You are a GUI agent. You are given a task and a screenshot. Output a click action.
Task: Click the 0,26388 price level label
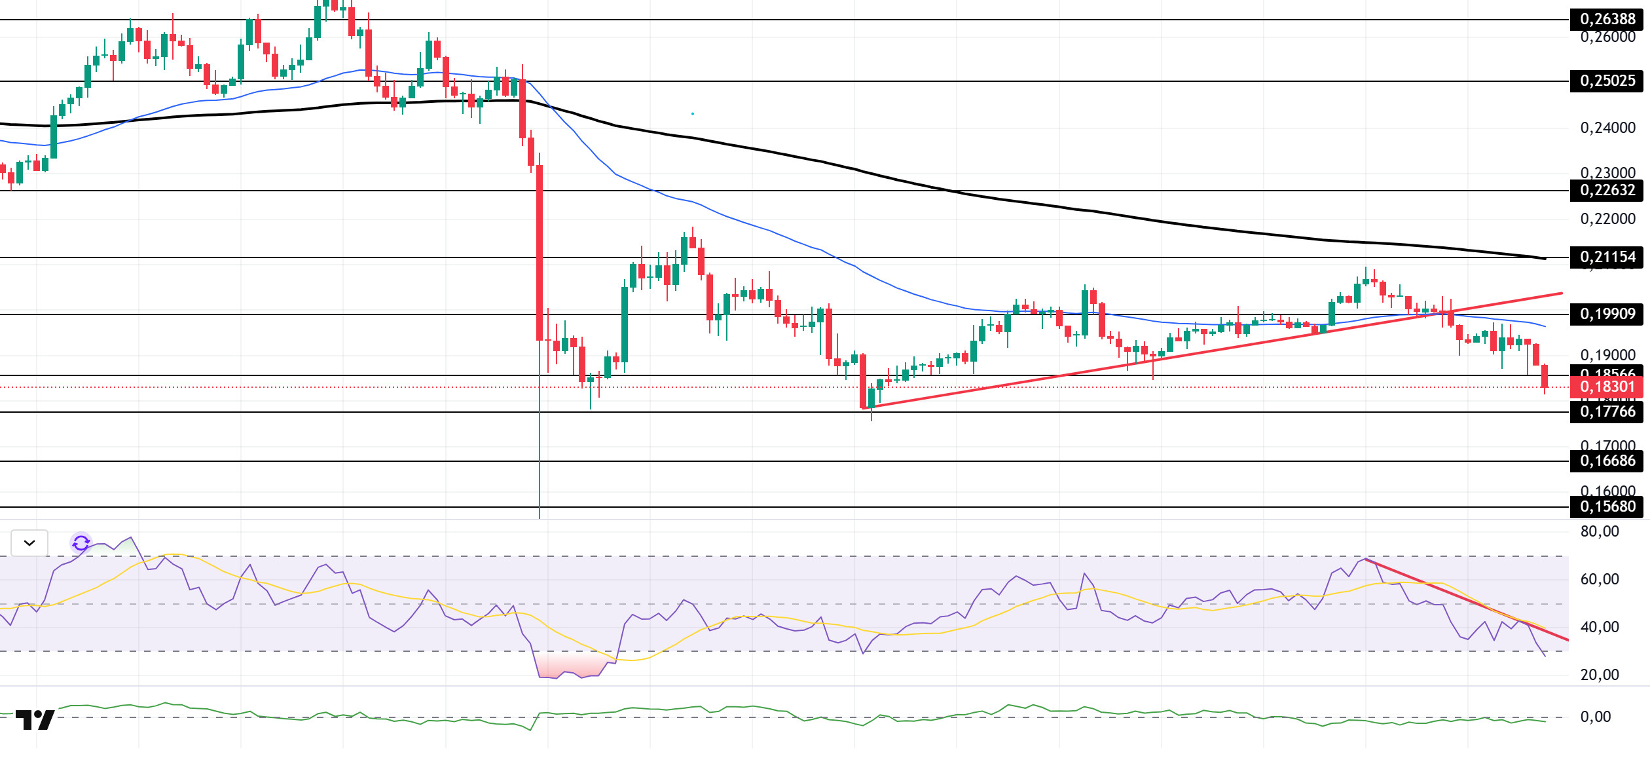click(1607, 20)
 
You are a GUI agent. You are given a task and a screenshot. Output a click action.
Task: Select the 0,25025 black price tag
click(1607, 81)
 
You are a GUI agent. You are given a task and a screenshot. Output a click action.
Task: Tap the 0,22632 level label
click(1607, 191)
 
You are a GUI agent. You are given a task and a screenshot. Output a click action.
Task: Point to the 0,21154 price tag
click(1607, 257)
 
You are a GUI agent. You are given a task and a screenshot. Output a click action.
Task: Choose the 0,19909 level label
click(1607, 314)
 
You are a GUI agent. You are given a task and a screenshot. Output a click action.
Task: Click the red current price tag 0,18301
click(1607, 387)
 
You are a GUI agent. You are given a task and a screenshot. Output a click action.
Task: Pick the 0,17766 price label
click(1607, 412)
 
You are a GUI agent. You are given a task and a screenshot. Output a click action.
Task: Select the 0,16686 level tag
click(1607, 461)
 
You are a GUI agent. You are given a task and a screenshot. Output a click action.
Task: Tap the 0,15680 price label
click(1607, 507)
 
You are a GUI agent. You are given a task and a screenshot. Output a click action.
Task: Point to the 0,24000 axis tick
click(1607, 128)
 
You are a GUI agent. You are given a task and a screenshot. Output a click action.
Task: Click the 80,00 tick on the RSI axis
click(1599, 532)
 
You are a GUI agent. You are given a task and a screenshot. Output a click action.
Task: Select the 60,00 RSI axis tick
click(1599, 580)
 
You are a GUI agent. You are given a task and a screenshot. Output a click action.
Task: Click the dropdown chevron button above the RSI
click(29, 543)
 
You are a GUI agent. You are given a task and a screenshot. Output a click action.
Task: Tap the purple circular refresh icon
click(81, 543)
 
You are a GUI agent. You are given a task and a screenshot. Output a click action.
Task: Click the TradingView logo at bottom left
click(35, 720)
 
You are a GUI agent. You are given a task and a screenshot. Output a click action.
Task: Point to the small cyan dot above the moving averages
click(692, 114)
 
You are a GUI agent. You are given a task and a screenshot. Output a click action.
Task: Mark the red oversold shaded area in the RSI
click(570, 666)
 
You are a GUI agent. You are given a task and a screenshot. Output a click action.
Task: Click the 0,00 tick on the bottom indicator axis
click(1595, 717)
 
